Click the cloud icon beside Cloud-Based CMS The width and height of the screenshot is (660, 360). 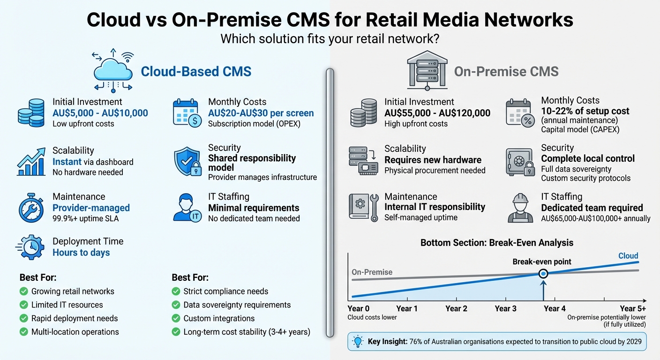click(x=112, y=71)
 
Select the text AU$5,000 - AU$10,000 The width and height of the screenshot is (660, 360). click(x=100, y=113)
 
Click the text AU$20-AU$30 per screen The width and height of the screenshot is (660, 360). click(x=261, y=113)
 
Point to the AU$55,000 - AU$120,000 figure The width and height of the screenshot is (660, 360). click(x=437, y=113)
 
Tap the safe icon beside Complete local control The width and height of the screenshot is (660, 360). click(x=519, y=163)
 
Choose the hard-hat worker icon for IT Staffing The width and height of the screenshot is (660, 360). click(x=520, y=208)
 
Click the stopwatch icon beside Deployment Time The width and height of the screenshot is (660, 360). click(x=30, y=247)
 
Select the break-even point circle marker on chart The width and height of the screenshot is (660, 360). click(x=543, y=274)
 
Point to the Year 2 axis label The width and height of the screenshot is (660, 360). click(x=456, y=308)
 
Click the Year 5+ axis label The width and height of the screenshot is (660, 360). click(x=633, y=308)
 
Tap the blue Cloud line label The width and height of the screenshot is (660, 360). click(x=628, y=256)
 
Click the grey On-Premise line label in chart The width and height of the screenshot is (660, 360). click(x=372, y=272)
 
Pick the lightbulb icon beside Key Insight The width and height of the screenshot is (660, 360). click(x=358, y=341)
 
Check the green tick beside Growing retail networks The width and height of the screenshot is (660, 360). click(x=23, y=292)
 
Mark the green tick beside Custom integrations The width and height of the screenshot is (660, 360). click(x=176, y=319)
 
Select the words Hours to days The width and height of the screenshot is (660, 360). click(x=81, y=253)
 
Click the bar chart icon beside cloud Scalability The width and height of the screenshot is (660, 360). click(x=31, y=161)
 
